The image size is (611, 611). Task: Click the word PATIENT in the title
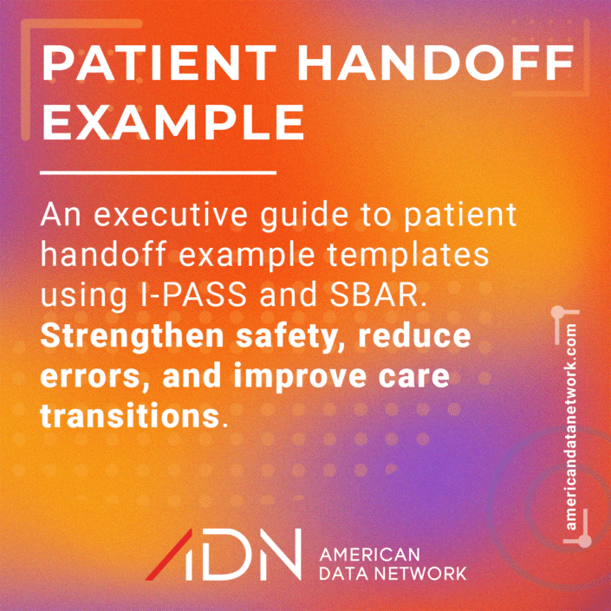(x=159, y=63)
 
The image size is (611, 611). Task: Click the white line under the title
(x=158, y=172)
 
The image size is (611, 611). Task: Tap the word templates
(x=406, y=256)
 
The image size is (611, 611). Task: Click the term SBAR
(x=376, y=295)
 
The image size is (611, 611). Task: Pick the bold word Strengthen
(x=132, y=337)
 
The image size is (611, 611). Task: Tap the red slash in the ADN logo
(x=169, y=554)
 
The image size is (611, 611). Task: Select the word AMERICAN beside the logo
(x=369, y=554)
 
